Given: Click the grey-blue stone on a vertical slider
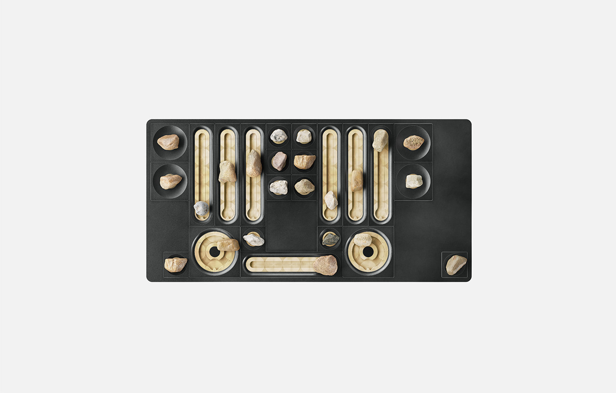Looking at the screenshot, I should (201, 208).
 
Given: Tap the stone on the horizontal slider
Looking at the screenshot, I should (326, 265).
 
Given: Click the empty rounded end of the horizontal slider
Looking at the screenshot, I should (252, 264).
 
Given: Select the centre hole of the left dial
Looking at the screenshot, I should (215, 252).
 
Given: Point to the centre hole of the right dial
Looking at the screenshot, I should (368, 252).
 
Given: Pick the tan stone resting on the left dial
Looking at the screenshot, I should (228, 245).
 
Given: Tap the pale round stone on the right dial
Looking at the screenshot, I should (363, 239).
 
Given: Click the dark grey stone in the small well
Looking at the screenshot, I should (330, 239).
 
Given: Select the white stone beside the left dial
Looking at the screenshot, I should (253, 240).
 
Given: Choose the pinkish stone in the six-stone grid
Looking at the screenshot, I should (279, 161).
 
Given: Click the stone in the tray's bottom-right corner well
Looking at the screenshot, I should (455, 264).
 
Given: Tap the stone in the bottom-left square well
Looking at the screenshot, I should (176, 264).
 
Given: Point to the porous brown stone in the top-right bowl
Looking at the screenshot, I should (414, 142).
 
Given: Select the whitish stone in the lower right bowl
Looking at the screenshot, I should (414, 181).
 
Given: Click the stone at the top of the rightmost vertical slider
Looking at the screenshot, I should (380, 140).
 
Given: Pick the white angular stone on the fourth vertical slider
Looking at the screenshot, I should (331, 200).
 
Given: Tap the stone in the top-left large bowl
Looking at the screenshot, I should (169, 142).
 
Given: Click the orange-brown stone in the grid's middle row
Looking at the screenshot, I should (304, 162).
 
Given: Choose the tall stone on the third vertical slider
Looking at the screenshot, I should (253, 163).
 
